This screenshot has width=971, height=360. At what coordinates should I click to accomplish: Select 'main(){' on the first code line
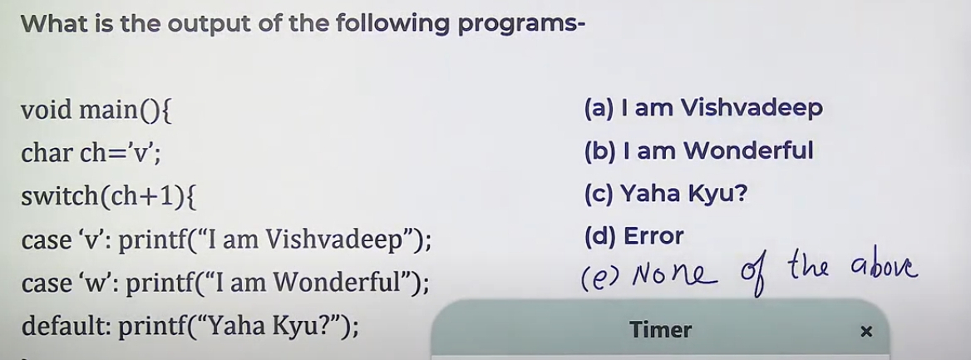coord(125,111)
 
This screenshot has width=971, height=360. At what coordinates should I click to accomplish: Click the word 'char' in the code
coord(47,152)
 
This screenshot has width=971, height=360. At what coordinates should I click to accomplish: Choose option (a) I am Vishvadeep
coord(702,108)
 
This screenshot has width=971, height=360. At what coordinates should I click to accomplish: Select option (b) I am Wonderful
coord(698,150)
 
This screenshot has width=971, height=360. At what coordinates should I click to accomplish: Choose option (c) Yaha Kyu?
coord(665,194)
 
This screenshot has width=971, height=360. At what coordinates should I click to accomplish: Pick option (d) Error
coord(633,236)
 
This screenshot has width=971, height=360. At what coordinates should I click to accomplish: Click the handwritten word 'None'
coord(674,275)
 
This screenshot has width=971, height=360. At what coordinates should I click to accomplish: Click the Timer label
coord(660,329)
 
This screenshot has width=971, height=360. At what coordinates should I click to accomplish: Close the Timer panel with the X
coord(866,332)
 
